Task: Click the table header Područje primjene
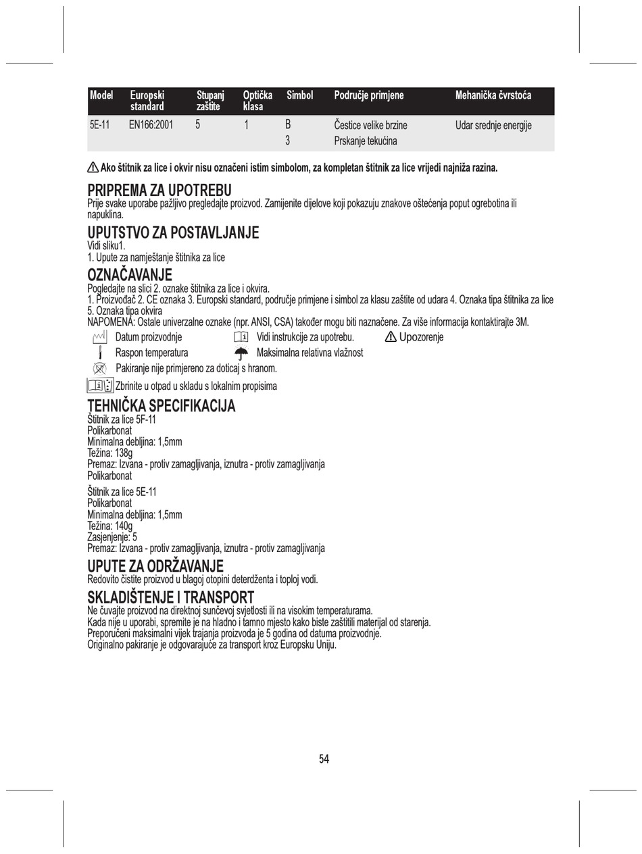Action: point(369,96)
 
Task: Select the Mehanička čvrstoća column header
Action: point(493,96)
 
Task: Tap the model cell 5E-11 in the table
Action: point(99,125)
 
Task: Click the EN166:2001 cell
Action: point(151,125)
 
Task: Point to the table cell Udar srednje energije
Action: point(493,125)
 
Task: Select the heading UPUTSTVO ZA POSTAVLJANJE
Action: point(173,233)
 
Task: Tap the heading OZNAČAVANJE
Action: point(130,275)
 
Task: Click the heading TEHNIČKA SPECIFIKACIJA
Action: point(162,406)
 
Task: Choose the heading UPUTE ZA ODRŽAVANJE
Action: point(155,566)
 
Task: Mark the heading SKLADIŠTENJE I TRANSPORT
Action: point(171,597)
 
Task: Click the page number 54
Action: point(324,759)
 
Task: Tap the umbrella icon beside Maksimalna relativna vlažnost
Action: point(241,353)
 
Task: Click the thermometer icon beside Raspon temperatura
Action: point(100,353)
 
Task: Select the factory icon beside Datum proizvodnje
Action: point(100,336)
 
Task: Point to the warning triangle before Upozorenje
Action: point(391,336)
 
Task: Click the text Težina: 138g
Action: point(110,453)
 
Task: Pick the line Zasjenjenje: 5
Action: point(112,537)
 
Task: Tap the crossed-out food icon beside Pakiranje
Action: point(100,368)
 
